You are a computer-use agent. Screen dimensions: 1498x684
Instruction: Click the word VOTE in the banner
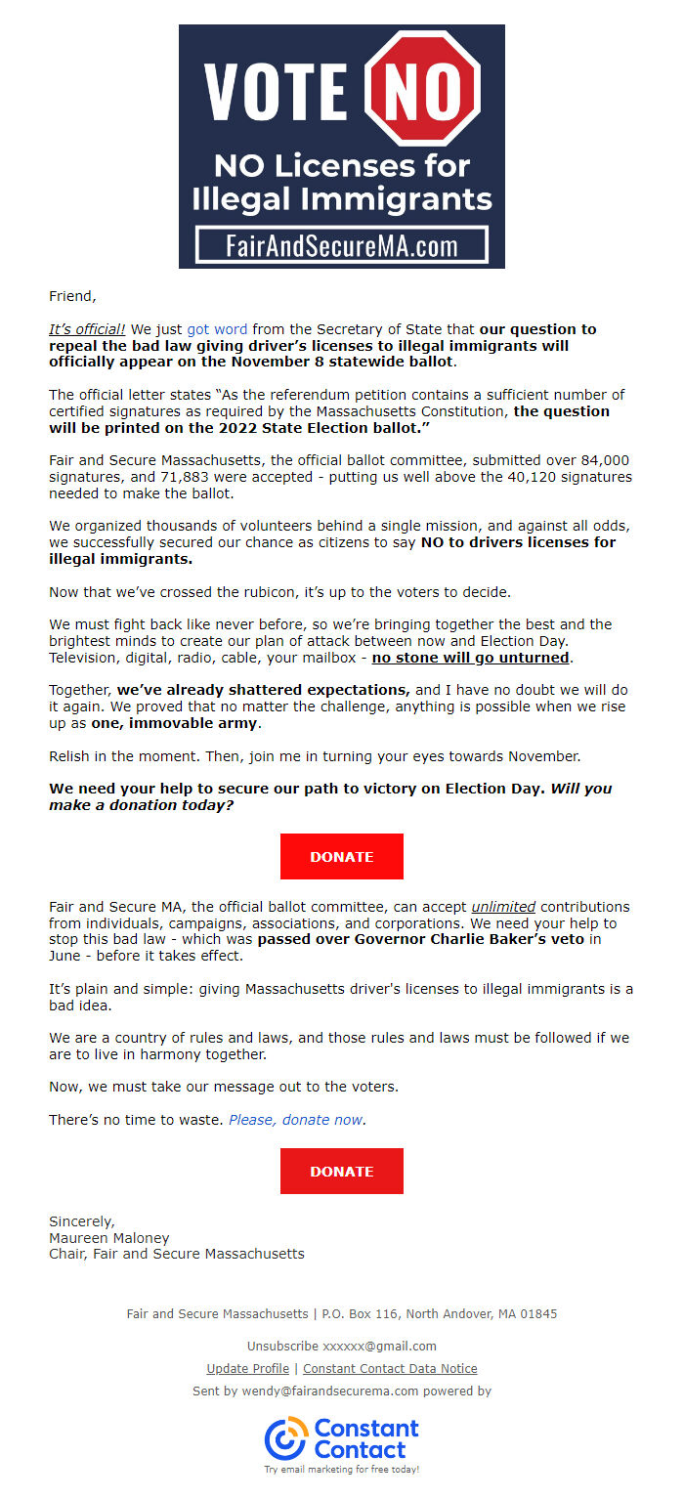pyautogui.click(x=276, y=91)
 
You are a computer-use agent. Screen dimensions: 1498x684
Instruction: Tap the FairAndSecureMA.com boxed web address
pyautogui.click(x=341, y=245)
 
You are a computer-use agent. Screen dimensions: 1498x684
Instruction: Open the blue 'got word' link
pyautogui.click(x=217, y=329)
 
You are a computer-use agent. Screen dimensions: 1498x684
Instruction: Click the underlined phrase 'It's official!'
pyautogui.click(x=87, y=329)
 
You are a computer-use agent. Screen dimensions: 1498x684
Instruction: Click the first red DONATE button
pyautogui.click(x=341, y=856)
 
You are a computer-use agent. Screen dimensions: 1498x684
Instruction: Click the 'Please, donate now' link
pyautogui.click(x=295, y=1120)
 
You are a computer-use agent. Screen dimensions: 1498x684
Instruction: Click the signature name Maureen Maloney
pyautogui.click(x=108, y=1238)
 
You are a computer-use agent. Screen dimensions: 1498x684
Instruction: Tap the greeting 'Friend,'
pyautogui.click(x=72, y=296)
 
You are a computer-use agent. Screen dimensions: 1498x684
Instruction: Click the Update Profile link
pyautogui.click(x=247, y=1369)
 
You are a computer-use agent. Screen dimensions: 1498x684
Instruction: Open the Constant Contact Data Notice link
pyautogui.click(x=390, y=1369)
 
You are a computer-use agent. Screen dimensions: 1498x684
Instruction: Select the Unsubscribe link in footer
pyautogui.click(x=282, y=1346)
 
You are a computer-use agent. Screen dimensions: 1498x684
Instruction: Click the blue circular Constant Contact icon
pyautogui.click(x=285, y=1438)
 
